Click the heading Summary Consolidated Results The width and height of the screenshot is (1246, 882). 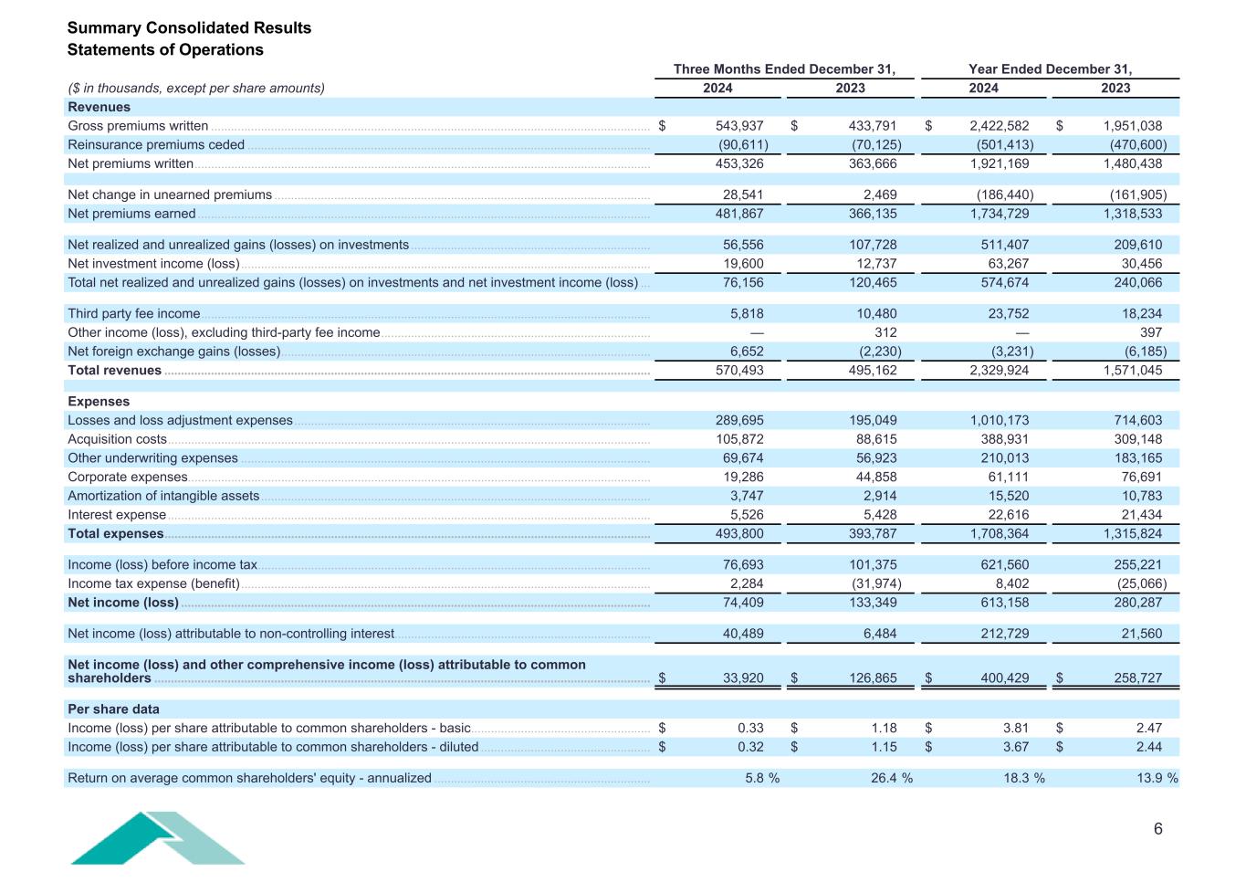pyautogui.click(x=189, y=27)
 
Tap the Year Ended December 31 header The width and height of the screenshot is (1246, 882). pyautogui.click(x=1050, y=69)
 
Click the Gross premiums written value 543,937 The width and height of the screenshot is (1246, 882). pyautogui.click(x=739, y=126)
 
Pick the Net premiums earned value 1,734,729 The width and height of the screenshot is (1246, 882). pyautogui.click(x=1000, y=214)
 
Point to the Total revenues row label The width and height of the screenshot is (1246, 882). pyautogui.click(x=114, y=371)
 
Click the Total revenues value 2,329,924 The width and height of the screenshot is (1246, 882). pyautogui.click(x=1000, y=371)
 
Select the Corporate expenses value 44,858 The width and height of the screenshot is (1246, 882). pyautogui.click(x=873, y=477)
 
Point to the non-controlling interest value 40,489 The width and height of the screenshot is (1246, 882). pyautogui.click(x=739, y=634)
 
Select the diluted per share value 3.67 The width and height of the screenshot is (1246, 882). pyautogui.click(x=1015, y=747)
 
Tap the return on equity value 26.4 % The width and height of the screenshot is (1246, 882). pyautogui.click(x=891, y=778)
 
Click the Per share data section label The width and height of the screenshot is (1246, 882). pyautogui.click(x=113, y=709)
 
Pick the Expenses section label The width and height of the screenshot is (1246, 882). pyautogui.click(x=99, y=402)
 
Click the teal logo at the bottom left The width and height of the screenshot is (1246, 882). pyautogui.click(x=157, y=838)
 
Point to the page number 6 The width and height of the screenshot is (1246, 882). pyautogui.click(x=1158, y=829)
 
